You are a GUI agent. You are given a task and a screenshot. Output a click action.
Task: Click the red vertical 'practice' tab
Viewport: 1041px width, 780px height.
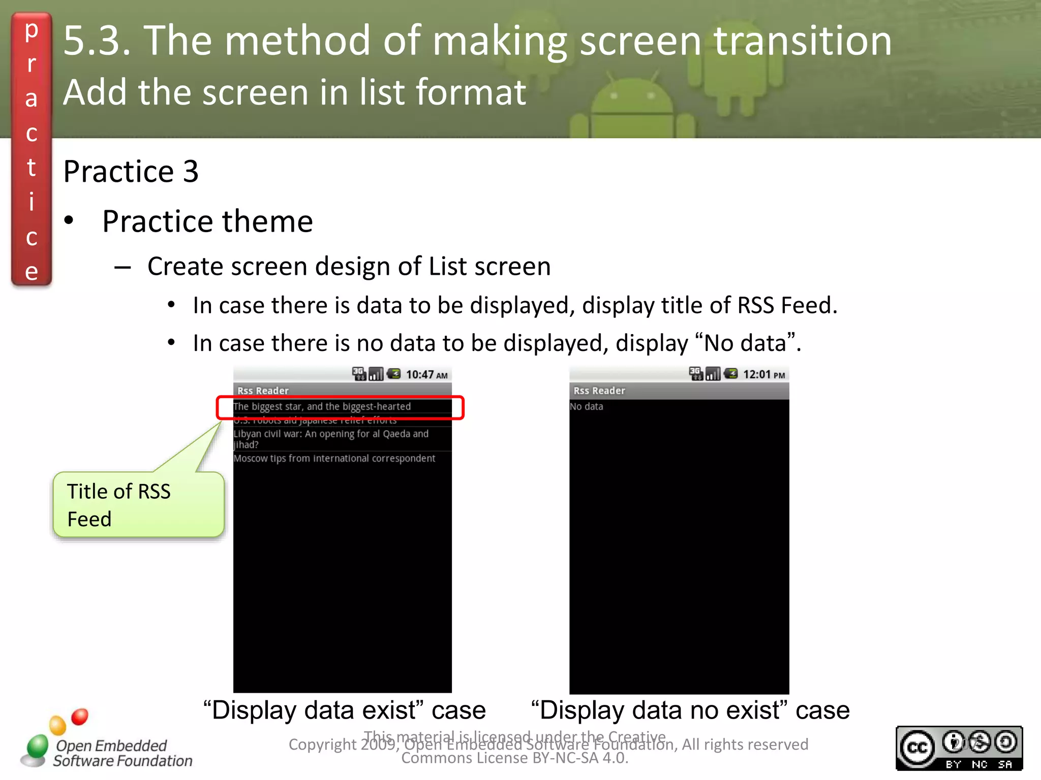[32, 150]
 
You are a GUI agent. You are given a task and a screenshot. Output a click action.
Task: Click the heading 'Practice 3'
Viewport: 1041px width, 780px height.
[131, 171]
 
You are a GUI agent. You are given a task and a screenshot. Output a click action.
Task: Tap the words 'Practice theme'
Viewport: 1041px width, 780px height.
[207, 221]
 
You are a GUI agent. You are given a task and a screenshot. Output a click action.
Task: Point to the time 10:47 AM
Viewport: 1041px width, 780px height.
[426, 375]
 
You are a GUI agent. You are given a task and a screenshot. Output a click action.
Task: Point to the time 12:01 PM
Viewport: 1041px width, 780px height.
[763, 375]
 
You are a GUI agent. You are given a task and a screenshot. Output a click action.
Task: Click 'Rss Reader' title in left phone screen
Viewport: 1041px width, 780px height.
[263, 391]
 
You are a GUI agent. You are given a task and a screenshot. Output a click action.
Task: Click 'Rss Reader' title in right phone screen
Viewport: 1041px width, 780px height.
[599, 391]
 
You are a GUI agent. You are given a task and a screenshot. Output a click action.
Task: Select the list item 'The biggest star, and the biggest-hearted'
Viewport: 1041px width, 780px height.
[322, 407]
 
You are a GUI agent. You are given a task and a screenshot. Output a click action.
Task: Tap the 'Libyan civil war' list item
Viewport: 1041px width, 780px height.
[331, 439]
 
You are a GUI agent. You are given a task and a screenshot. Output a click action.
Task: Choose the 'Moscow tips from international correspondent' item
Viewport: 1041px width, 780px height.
[334, 459]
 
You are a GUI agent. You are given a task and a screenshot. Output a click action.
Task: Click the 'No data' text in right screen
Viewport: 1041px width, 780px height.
[587, 407]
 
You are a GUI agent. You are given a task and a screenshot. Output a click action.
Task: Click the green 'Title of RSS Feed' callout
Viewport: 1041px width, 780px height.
[138, 505]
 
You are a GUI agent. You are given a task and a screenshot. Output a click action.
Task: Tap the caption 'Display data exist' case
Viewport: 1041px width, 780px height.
[344, 710]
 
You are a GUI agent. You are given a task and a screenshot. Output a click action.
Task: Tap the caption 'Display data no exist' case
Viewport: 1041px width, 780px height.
[690, 710]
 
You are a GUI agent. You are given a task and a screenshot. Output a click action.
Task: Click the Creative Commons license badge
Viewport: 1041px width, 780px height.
[959, 748]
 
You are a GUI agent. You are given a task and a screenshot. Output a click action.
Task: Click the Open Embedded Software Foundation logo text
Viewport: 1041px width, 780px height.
[122, 753]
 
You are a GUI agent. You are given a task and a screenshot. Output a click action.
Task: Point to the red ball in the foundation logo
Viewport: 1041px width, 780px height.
[80, 717]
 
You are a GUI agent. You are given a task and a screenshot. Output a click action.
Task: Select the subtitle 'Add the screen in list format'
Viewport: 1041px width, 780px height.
[294, 92]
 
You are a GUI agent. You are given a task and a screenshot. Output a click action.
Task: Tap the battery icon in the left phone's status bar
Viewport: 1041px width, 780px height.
[393, 374]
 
